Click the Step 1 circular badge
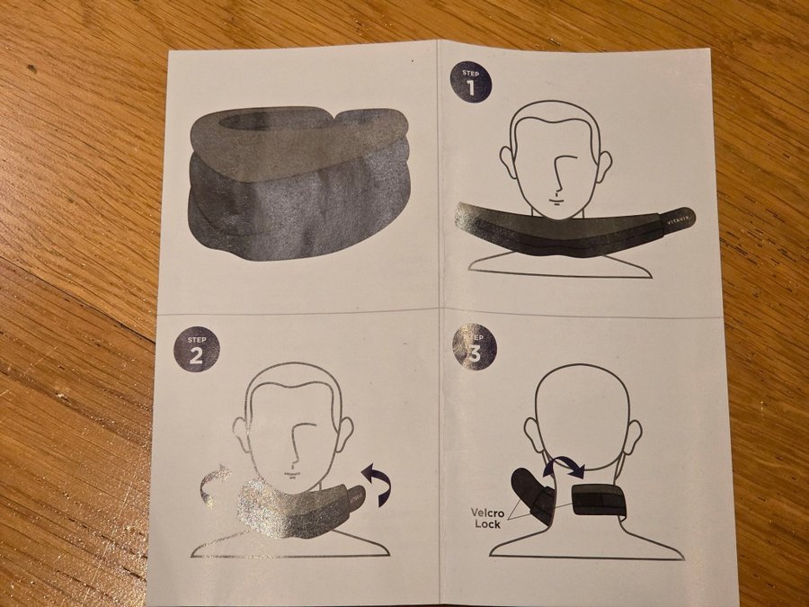click(x=470, y=82)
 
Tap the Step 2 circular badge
click(x=197, y=350)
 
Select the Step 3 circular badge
click(x=474, y=347)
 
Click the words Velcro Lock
click(x=487, y=518)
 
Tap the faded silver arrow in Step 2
click(x=215, y=479)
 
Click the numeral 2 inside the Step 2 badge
click(x=196, y=355)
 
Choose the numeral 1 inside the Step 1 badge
click(x=470, y=87)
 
